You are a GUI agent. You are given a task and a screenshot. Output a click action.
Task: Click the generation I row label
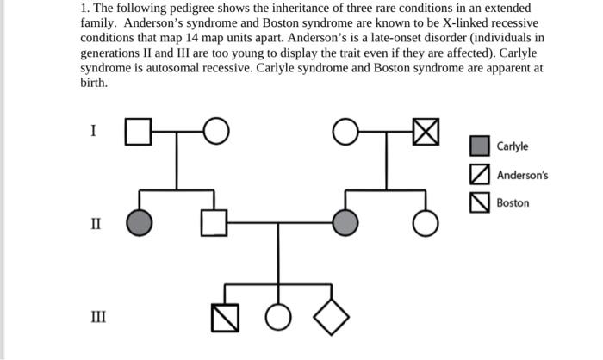(94, 131)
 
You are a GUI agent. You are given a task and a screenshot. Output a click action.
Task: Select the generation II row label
(96, 225)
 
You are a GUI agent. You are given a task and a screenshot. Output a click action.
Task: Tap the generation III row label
(98, 317)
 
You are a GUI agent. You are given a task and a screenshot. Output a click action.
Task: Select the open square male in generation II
(214, 222)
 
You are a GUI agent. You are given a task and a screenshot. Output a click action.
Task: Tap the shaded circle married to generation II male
(346, 222)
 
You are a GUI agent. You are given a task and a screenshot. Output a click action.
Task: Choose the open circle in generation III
(278, 317)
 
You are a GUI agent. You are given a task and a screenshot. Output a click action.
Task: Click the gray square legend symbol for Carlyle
(480, 146)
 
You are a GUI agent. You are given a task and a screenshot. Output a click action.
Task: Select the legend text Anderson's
(522, 175)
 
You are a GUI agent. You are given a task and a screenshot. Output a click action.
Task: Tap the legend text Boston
(513, 203)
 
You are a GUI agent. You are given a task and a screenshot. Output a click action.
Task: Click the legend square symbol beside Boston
(480, 203)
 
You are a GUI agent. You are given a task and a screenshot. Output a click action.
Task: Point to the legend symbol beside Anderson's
(480, 175)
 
